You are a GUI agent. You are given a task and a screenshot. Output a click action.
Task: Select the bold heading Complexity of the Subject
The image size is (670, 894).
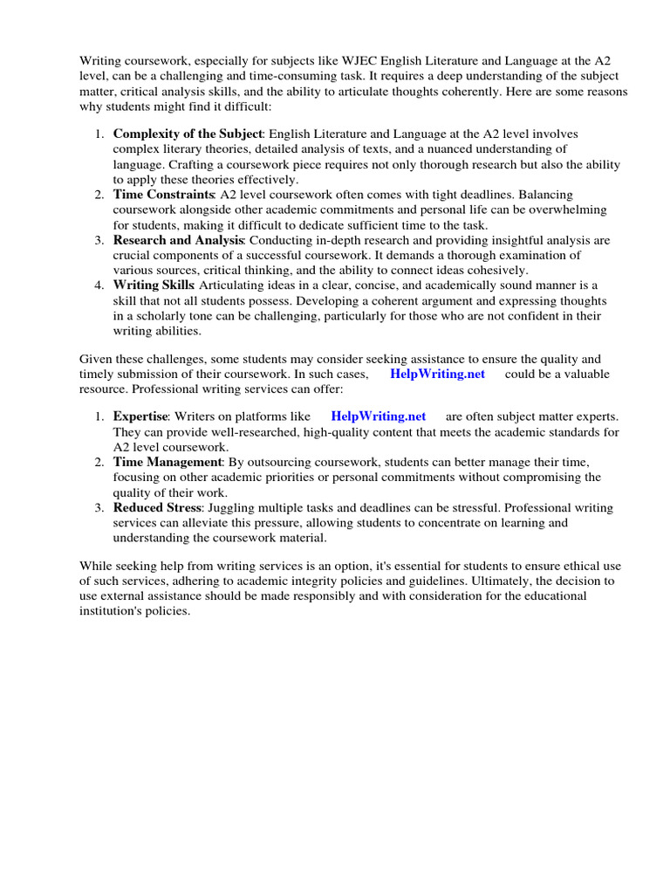click(x=187, y=134)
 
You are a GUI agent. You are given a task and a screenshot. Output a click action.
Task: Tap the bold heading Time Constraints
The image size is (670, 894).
click(x=163, y=194)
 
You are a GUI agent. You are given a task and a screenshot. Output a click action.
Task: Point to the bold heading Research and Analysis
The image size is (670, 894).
click(x=178, y=239)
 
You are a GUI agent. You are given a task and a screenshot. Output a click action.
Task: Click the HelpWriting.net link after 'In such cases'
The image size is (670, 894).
click(x=437, y=374)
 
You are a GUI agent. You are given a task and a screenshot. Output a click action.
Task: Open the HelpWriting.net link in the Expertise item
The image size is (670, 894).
click(x=379, y=416)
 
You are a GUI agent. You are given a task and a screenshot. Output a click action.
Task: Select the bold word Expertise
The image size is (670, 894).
click(x=140, y=416)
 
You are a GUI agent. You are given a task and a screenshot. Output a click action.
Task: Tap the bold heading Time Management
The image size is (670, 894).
click(x=167, y=462)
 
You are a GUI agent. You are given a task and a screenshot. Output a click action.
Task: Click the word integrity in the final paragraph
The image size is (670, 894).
click(x=326, y=581)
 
